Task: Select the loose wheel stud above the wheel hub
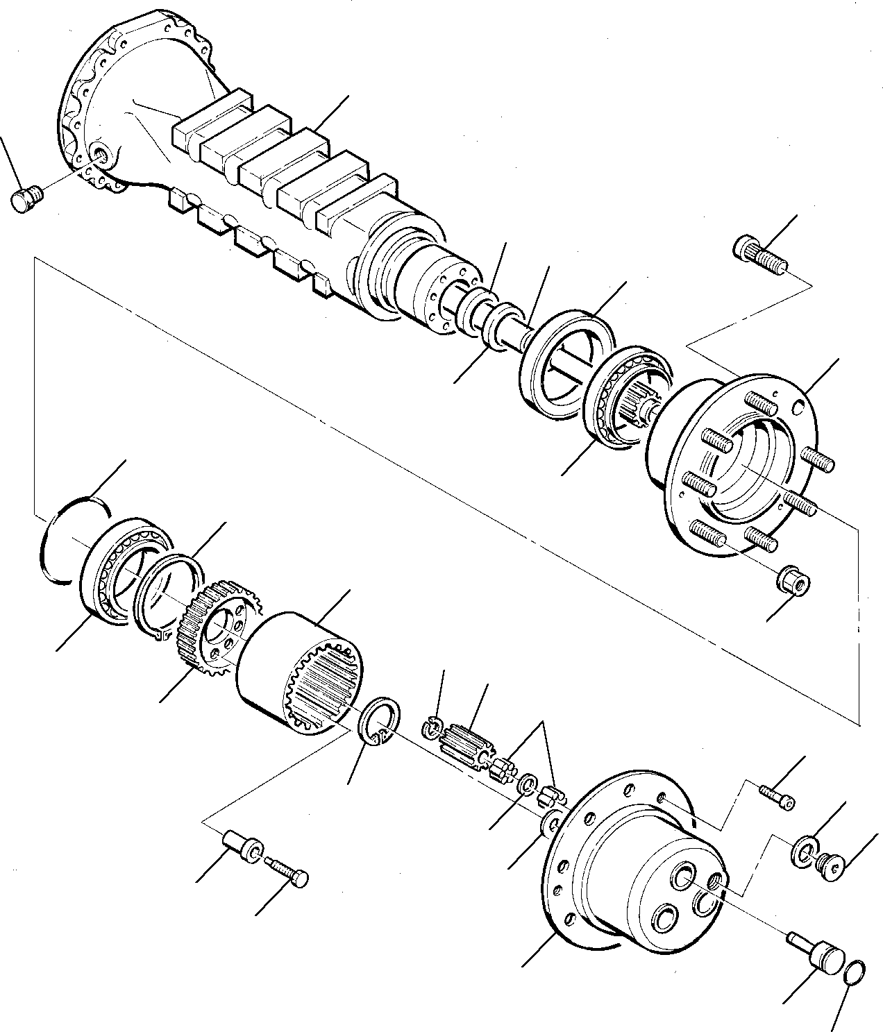pos(760,253)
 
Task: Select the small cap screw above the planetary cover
pos(777,796)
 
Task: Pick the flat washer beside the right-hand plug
pos(803,852)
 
